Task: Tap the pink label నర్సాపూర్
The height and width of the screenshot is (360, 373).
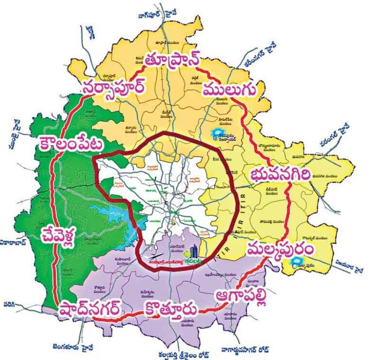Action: tap(113, 89)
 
